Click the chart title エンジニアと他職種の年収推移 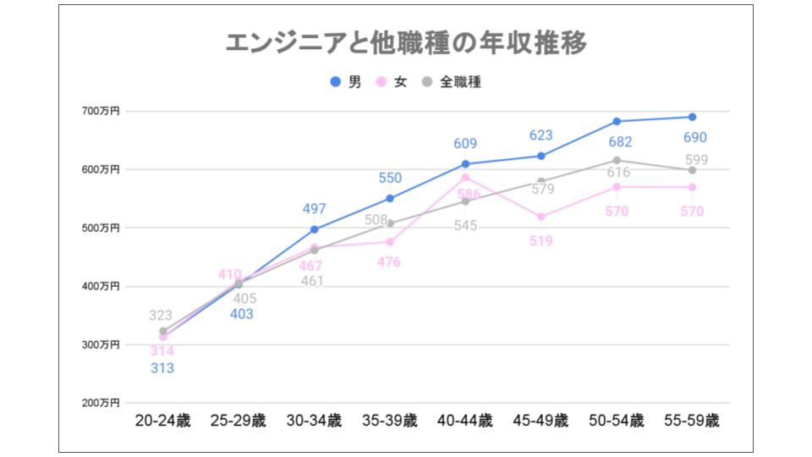tap(406, 43)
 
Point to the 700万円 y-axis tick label tap(101, 111)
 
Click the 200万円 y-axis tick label tap(101, 403)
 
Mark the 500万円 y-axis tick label tap(101, 228)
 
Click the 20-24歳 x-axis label tap(163, 421)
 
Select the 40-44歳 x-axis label tap(465, 421)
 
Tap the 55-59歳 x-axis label tap(692, 421)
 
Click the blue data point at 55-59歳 tap(692, 117)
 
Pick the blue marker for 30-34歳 tap(315, 229)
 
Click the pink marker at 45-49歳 tap(541, 217)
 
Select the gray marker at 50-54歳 tap(617, 160)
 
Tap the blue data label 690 tap(694, 138)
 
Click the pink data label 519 tap(541, 241)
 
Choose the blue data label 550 tap(390, 179)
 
